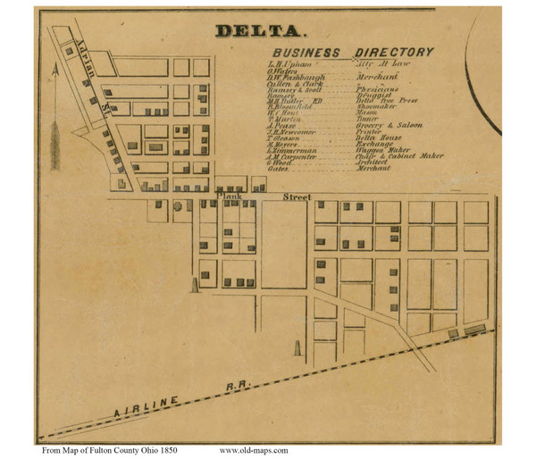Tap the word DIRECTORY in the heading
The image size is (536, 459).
click(x=394, y=53)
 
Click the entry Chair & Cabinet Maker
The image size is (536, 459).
click(x=399, y=154)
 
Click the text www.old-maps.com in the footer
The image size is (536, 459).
click(x=253, y=450)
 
